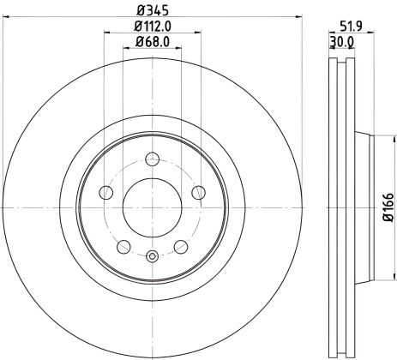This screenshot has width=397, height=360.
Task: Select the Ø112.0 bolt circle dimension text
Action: pyautogui.click(x=153, y=26)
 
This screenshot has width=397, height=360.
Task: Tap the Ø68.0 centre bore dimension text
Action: pyautogui.click(x=153, y=42)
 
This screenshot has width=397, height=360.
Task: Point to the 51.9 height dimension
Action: pyautogui.click(x=351, y=26)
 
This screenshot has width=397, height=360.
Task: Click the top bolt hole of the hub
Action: pyautogui.click(x=153, y=158)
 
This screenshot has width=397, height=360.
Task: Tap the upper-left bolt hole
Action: pyautogui.click(x=105, y=192)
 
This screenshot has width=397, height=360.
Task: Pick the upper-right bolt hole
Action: pyautogui.click(x=199, y=192)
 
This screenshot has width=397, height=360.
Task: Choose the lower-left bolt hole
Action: pyautogui.click(x=123, y=247)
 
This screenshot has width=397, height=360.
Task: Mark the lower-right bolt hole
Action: pyautogui.click(x=181, y=247)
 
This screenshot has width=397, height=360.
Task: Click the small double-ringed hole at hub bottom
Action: pyautogui.click(x=153, y=255)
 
